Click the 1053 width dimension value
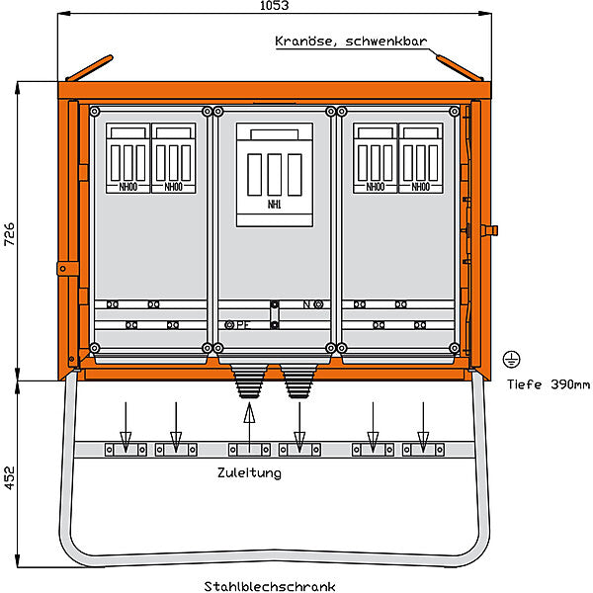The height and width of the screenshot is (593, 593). (x=274, y=5)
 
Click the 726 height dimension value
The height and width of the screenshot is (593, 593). (x=9, y=234)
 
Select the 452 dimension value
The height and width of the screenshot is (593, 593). (x=9, y=477)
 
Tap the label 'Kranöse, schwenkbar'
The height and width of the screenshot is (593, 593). (x=351, y=41)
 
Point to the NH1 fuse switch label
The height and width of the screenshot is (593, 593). (x=274, y=205)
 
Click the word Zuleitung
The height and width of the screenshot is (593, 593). (x=249, y=472)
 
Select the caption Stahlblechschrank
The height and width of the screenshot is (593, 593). (x=270, y=586)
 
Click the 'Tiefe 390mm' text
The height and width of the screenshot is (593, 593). (x=549, y=384)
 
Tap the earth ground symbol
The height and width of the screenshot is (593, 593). (x=511, y=360)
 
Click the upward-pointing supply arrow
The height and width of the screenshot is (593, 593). (x=249, y=427)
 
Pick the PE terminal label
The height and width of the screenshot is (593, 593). (x=243, y=324)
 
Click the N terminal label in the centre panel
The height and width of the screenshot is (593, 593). (x=306, y=304)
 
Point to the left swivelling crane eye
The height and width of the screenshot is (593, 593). (x=89, y=68)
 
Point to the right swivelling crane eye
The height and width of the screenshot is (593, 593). (x=460, y=68)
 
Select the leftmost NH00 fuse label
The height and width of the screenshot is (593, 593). (x=128, y=187)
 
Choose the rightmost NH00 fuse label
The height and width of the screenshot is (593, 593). (x=421, y=187)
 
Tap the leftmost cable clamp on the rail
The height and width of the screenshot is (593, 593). (x=126, y=450)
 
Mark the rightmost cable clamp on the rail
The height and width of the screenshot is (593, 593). (x=423, y=450)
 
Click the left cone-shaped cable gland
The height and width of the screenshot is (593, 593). (x=249, y=381)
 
